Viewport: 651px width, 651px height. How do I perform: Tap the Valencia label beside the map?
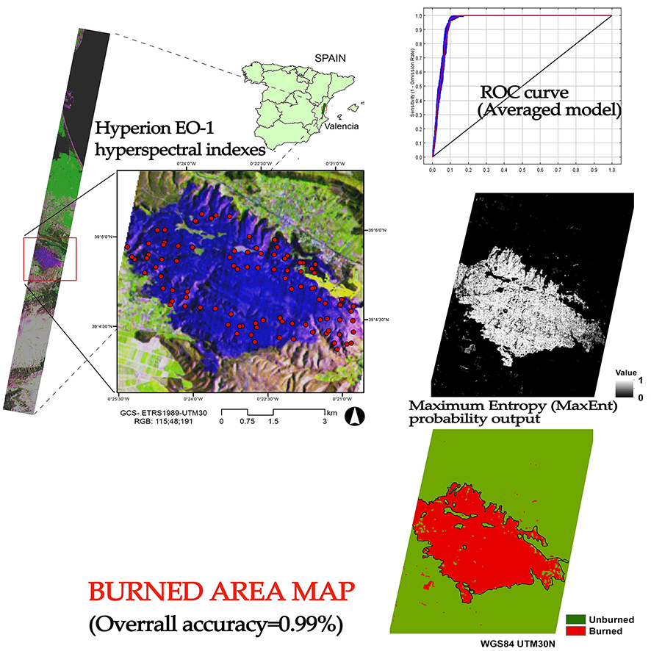coord(343,126)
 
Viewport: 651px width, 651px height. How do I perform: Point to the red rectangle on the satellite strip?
coord(50,259)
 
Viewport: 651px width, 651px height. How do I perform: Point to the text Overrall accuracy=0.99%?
coord(215,625)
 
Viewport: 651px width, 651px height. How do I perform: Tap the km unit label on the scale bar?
coord(333,414)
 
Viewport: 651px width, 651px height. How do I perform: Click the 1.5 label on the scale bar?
coord(273,422)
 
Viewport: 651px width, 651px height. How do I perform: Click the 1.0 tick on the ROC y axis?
coord(418,15)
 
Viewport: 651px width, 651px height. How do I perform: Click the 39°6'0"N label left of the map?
coord(102,237)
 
